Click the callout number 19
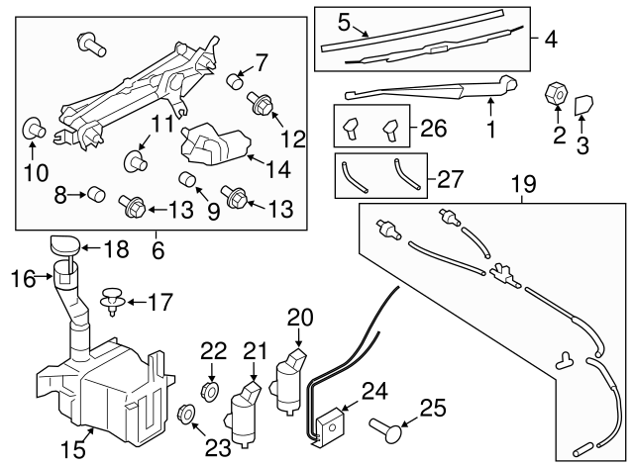(x=522, y=183)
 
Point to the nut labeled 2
(x=556, y=96)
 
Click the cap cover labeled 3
(x=583, y=104)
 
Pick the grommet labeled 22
(x=211, y=384)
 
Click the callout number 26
(x=433, y=128)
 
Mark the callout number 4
(x=551, y=41)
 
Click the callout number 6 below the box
(x=157, y=251)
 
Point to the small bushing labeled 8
(x=96, y=194)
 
